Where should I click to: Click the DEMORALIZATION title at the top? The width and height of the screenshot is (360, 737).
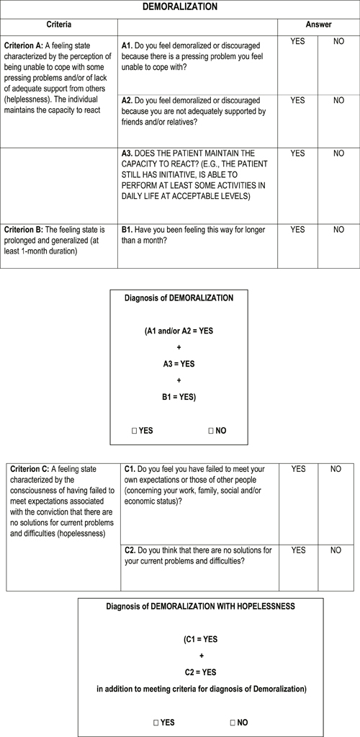point(179,6)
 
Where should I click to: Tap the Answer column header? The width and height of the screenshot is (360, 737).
point(318,24)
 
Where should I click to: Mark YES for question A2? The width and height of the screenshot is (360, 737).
point(297,101)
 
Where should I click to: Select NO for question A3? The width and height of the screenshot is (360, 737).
point(338,153)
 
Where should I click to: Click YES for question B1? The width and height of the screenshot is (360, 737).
point(297,230)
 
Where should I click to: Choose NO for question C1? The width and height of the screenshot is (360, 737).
point(336,469)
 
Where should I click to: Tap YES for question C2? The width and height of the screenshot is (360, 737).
point(297,550)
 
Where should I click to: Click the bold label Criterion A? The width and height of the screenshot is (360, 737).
point(24,45)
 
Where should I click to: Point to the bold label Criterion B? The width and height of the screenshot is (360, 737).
point(24,231)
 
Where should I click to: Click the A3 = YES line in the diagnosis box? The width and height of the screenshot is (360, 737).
point(179,364)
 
